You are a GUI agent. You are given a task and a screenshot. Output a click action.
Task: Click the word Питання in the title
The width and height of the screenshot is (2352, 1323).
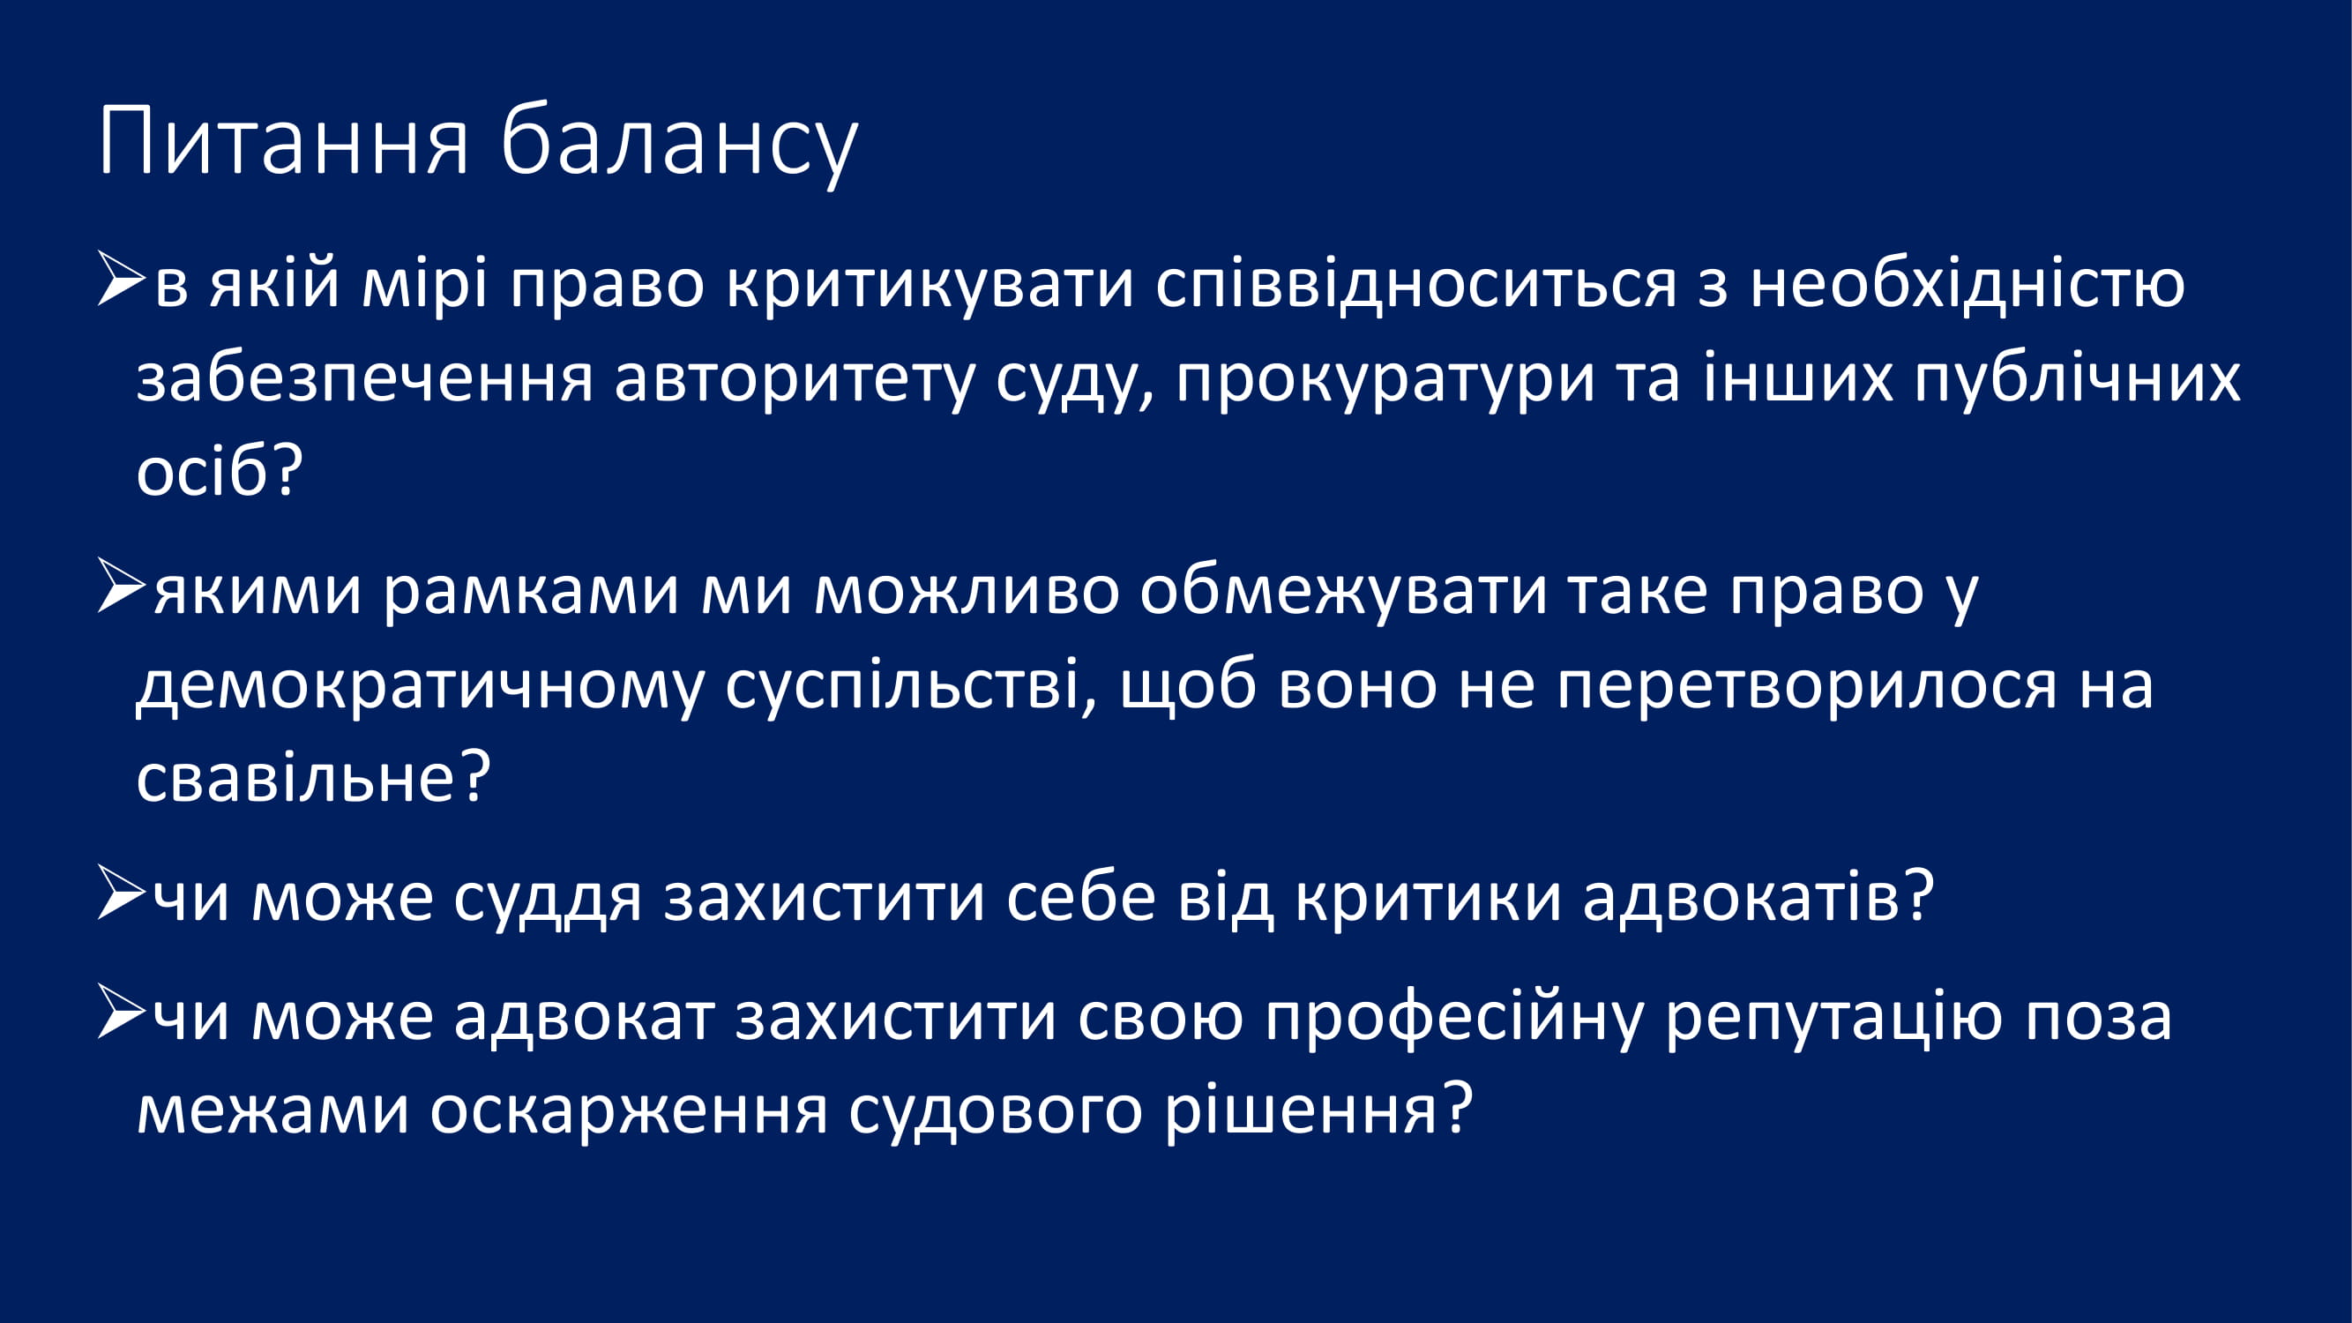click(284, 141)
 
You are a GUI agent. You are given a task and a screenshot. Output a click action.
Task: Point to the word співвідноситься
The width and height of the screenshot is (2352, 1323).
click(1416, 286)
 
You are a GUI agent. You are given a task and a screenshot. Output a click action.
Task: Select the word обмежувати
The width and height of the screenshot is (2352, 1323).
click(1343, 590)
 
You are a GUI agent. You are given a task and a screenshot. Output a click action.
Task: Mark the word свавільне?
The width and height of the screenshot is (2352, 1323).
click(314, 776)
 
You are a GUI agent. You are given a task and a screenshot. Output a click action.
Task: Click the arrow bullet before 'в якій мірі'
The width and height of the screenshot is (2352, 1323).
click(122, 280)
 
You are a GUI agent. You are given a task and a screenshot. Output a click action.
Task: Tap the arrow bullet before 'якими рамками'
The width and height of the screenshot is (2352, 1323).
click(122, 586)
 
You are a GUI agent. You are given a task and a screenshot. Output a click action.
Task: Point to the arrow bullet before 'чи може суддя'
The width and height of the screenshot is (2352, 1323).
click(122, 891)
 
